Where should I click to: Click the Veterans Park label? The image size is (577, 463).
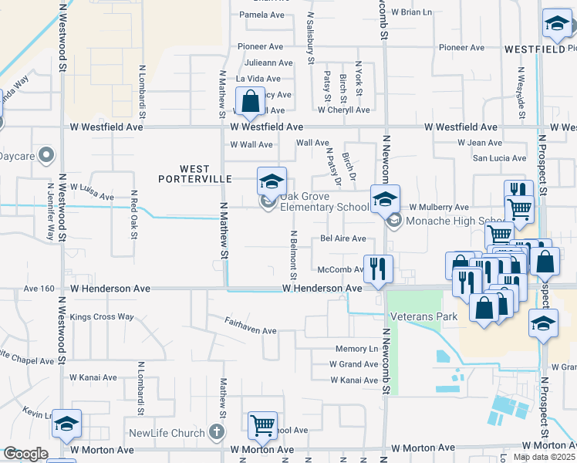(x=423, y=316)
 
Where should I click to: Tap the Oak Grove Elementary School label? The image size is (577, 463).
(x=324, y=201)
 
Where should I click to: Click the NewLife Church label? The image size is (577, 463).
(x=167, y=433)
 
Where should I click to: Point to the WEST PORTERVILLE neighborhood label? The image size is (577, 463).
(x=195, y=174)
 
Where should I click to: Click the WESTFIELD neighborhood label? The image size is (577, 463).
(x=535, y=49)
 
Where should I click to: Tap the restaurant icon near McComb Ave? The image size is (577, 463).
(x=377, y=269)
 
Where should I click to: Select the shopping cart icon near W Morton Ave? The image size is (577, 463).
(x=263, y=425)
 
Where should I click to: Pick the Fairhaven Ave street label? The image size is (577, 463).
(x=251, y=330)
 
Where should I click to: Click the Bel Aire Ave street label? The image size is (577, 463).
(x=343, y=238)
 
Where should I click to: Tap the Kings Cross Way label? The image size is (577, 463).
(x=102, y=316)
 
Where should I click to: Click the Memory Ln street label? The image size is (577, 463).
(x=356, y=350)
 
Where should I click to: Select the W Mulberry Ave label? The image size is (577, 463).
(x=439, y=208)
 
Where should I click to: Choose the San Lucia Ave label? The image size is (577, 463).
(x=499, y=158)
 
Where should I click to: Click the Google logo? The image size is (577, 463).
(x=25, y=454)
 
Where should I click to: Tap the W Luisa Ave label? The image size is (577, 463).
(x=92, y=192)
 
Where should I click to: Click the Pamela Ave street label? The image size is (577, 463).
(x=263, y=15)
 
